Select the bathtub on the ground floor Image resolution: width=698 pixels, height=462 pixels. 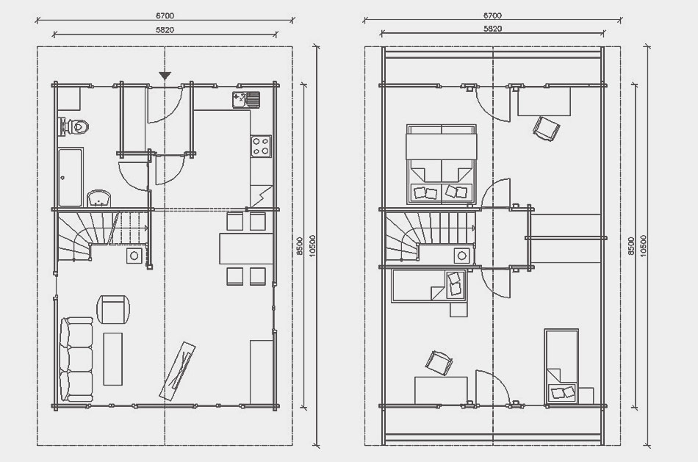tap(71, 178)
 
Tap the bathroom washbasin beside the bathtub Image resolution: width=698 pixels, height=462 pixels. tap(99, 198)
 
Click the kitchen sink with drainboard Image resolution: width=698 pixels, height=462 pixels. tap(245, 100)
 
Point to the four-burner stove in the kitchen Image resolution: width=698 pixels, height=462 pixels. tap(261, 146)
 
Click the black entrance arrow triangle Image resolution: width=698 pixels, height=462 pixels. tap(165, 76)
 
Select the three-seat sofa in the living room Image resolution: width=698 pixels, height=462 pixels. tap(76, 360)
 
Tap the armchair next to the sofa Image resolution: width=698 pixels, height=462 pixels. tap(113, 309)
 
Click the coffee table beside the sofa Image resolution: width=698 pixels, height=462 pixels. tap(112, 358)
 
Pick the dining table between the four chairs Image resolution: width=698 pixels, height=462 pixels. tap(245, 249)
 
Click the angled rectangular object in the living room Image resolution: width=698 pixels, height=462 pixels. tap(178, 370)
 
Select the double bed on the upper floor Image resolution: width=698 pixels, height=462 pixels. tap(442, 165)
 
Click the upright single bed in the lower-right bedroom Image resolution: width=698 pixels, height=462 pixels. tap(561, 367)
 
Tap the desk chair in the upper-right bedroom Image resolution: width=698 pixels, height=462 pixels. tap(546, 129)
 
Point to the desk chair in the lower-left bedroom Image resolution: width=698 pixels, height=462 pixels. tap(439, 363)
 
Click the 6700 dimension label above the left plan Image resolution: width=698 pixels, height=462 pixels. tap(165, 15)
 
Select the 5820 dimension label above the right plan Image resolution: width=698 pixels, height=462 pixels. tap(493, 29)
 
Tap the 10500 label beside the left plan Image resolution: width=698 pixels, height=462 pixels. tap(312, 245)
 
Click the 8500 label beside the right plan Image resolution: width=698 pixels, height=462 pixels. tap(630, 245)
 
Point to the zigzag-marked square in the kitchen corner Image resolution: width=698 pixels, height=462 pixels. tap(261, 196)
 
